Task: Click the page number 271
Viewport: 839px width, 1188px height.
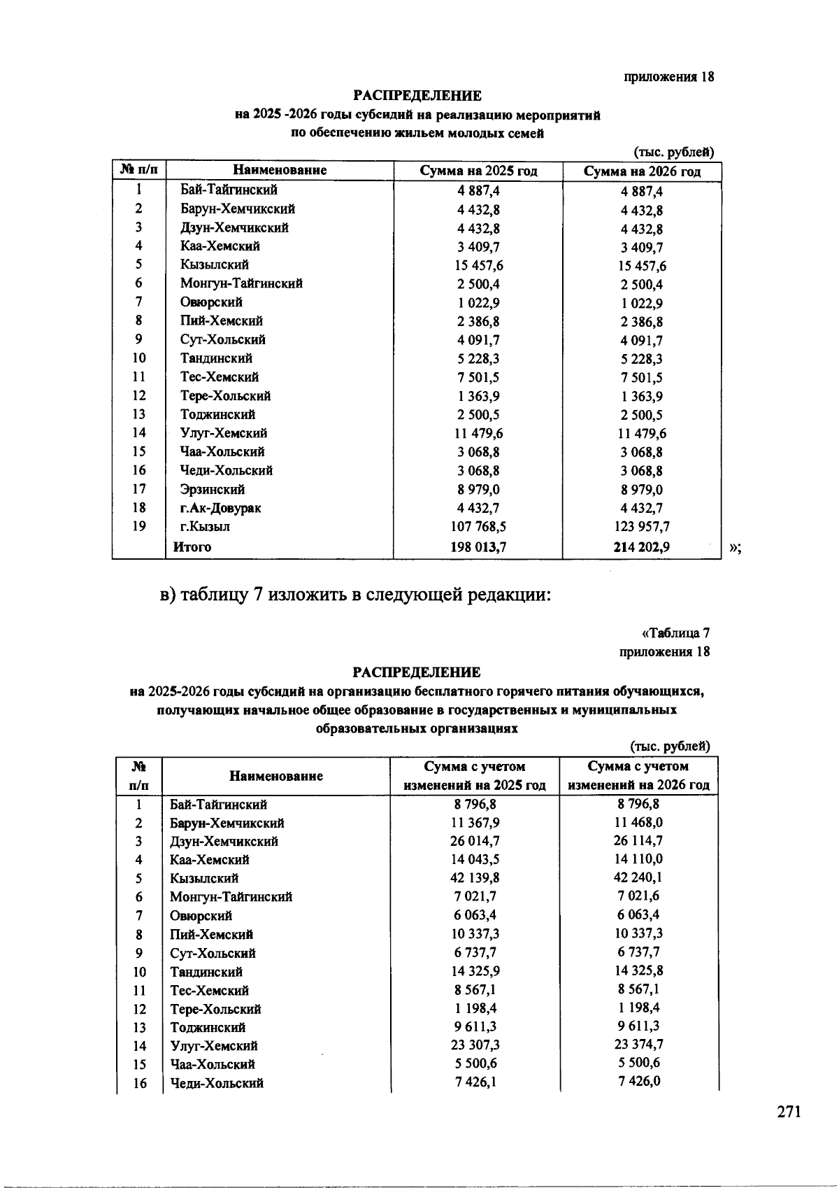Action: [788, 1112]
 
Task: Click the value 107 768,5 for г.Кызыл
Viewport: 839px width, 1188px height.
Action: [478, 527]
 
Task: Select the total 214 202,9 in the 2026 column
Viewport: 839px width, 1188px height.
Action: [641, 547]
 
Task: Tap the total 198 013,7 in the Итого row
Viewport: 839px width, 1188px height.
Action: [478, 547]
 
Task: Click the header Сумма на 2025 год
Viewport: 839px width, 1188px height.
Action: [478, 171]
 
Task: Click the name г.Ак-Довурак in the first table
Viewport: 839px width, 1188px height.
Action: [220, 508]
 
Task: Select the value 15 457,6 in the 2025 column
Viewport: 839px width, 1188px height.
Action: [478, 266]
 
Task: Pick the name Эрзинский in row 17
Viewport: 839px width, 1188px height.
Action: [212, 489]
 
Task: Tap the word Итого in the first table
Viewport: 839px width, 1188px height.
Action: [192, 547]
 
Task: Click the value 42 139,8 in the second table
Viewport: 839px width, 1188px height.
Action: [475, 878]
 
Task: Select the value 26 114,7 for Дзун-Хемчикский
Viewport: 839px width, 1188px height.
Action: [638, 841]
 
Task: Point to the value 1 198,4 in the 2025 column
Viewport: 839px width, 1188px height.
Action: [475, 1008]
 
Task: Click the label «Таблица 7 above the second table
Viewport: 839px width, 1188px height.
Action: [675, 633]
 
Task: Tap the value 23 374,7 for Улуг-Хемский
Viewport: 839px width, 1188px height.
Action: [638, 1045]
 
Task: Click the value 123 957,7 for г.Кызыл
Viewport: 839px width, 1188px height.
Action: [642, 527]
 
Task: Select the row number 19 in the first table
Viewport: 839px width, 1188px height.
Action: [139, 526]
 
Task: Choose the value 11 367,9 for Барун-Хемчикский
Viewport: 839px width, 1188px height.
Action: [475, 823]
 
